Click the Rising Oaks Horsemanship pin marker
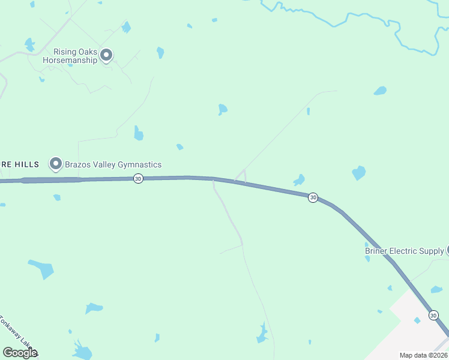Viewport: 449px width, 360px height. [x=106, y=55]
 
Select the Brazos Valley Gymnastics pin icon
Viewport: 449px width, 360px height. [x=56, y=163]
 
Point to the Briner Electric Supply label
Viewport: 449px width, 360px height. [x=405, y=251]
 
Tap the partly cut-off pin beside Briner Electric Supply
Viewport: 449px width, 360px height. [x=447, y=250]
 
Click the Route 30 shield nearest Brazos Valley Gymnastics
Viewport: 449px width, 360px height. [x=138, y=178]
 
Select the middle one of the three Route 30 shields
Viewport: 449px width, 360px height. [x=313, y=197]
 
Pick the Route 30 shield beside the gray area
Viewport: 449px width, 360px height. [x=433, y=315]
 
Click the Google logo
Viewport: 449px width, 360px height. [x=20, y=353]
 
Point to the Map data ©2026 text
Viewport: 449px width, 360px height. [x=423, y=355]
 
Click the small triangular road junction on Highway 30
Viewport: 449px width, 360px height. [x=241, y=176]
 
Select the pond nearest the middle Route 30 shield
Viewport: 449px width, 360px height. [x=299, y=180]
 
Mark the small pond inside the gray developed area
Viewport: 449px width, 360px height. [x=417, y=320]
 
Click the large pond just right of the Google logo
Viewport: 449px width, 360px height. [x=82, y=350]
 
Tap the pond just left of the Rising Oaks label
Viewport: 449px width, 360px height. [x=29, y=44]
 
